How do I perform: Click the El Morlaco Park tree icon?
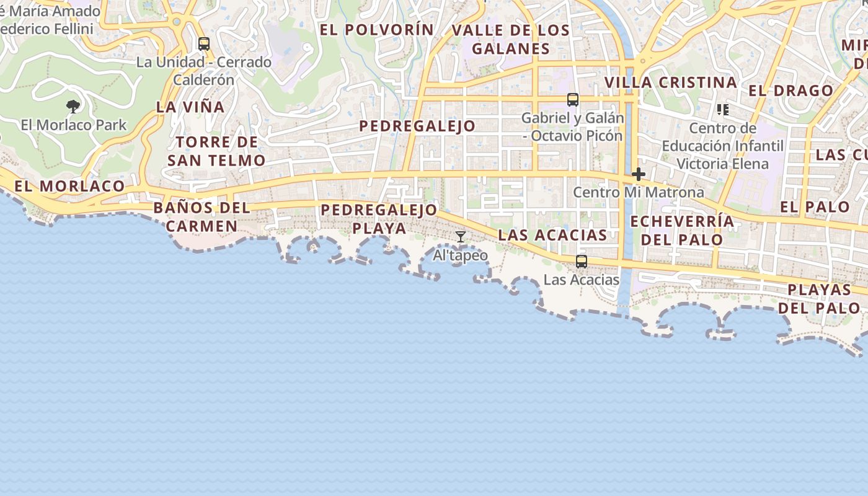pos(73,107)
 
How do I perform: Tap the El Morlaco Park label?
pos(73,125)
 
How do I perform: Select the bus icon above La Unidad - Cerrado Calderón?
pos(204,44)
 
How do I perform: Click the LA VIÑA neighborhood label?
pos(190,107)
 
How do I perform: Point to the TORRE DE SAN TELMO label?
pos(216,151)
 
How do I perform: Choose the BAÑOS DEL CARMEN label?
pos(201,216)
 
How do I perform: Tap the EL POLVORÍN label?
pos(376,30)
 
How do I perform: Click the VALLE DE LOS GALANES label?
pos(510,39)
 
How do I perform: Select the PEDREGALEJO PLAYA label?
pos(379,219)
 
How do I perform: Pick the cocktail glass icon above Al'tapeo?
pos(461,237)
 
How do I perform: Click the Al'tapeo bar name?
pos(460,255)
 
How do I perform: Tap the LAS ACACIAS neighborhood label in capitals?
pos(552,235)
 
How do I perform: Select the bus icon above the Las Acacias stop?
pos(581,262)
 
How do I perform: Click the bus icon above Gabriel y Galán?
pos(573,99)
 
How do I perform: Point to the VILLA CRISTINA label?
pos(671,82)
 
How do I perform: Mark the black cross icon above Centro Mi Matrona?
pos(638,174)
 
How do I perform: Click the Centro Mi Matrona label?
pos(638,192)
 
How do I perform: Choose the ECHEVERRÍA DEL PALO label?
pos(682,231)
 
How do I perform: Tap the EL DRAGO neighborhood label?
pos(790,91)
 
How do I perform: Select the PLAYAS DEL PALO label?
pos(820,298)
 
